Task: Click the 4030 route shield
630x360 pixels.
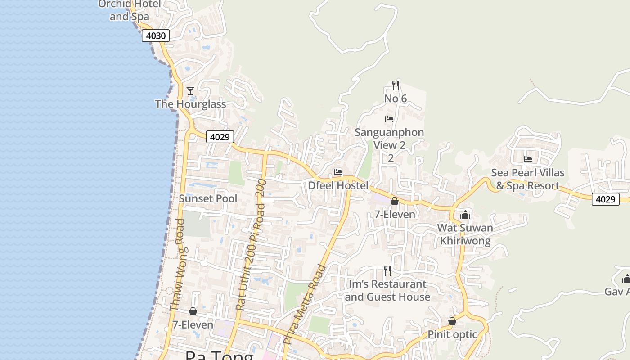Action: [156, 36]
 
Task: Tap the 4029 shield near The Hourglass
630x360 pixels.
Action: [220, 137]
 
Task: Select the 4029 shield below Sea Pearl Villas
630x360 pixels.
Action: [605, 199]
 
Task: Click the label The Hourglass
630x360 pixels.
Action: [190, 104]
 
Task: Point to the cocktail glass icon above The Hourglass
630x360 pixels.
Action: [190, 91]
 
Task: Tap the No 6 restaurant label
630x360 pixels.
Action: [396, 99]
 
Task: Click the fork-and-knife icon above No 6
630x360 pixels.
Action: [396, 85]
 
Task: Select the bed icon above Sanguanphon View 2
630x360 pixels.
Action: [389, 119]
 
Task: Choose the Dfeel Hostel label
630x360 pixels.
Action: [338, 185]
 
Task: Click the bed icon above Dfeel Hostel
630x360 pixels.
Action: [338, 172]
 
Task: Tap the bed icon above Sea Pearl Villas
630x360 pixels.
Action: [528, 159]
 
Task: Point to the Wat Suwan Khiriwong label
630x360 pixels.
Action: [465, 234]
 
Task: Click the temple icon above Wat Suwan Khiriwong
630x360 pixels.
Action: [465, 215]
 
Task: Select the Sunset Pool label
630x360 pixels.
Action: [208, 198]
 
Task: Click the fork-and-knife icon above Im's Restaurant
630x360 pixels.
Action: [387, 270]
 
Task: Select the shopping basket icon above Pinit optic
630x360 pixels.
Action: [452, 321]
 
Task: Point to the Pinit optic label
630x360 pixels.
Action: [452, 334]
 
